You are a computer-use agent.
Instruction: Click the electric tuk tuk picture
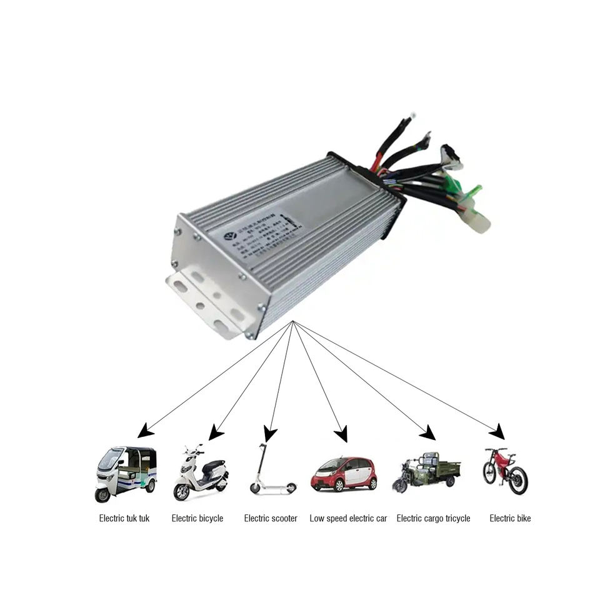point(126,474)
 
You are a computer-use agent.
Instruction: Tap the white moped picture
point(201,472)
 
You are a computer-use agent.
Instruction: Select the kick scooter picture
point(271,470)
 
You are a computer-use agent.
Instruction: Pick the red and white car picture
point(344,474)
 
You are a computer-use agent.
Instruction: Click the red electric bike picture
point(505,471)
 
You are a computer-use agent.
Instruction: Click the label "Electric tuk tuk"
point(124,518)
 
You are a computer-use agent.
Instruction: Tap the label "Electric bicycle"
point(197,518)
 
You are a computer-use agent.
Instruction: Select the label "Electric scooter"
point(271,518)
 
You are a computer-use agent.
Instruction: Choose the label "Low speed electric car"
point(348,518)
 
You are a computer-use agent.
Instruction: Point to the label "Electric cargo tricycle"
point(433,518)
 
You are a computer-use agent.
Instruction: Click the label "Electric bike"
point(510,518)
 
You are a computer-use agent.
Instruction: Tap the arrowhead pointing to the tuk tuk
point(144,431)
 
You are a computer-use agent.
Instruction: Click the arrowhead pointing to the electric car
point(341,434)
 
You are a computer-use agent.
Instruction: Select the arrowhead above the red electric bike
point(498,431)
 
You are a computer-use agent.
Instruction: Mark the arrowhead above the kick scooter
point(270,434)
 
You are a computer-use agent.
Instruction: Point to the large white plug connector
point(476,221)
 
